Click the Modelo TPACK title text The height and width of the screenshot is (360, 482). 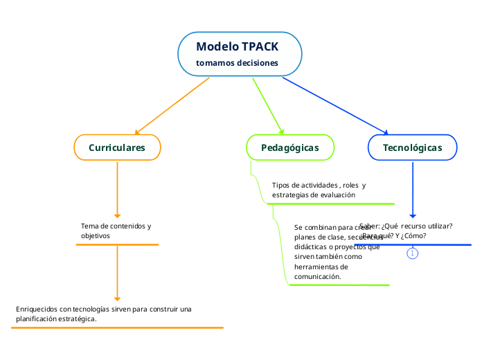[x=238, y=47]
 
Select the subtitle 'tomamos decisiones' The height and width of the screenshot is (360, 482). [x=238, y=63]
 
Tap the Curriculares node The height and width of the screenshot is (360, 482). [x=117, y=147]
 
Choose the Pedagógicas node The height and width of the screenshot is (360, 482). [x=290, y=147]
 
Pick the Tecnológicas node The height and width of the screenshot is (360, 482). [x=412, y=147]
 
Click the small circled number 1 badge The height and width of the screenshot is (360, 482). [x=413, y=254]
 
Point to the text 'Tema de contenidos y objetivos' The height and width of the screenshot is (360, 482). [x=116, y=231]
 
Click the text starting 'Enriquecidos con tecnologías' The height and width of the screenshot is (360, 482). [x=104, y=309]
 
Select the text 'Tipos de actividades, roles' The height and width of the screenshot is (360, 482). [x=319, y=186]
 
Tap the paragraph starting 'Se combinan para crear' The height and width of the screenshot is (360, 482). [x=332, y=251]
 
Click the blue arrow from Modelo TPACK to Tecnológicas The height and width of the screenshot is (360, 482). [x=335, y=105]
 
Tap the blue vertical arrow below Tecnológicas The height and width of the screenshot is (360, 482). [x=413, y=190]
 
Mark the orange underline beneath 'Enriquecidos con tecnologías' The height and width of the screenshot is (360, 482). [x=117, y=327]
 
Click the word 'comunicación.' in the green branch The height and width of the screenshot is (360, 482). [x=318, y=277]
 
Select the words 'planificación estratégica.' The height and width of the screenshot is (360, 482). [x=56, y=319]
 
